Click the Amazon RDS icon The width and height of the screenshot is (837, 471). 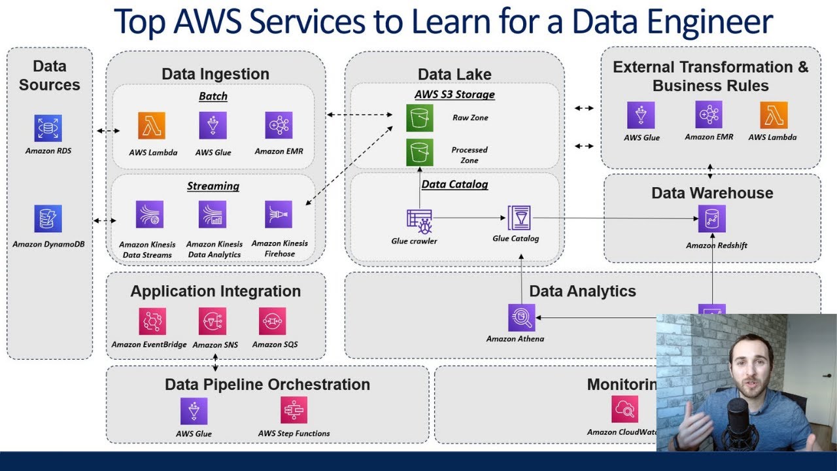coord(48,128)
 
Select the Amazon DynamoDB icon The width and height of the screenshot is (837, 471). coord(48,218)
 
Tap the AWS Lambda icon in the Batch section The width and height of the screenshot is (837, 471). coord(152,126)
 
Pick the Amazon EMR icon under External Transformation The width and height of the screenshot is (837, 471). coord(709,114)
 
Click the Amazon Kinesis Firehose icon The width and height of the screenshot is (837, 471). coord(279,215)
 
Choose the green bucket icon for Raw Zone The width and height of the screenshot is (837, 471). coord(419,118)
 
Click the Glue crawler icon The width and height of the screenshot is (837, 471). coord(418,220)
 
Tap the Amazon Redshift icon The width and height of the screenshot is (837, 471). coord(711,219)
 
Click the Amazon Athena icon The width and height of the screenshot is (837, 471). coord(521,318)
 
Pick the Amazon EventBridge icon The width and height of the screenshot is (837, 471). coord(152,321)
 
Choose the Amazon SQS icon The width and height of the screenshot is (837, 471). coord(273,321)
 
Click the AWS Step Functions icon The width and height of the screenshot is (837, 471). coord(294,411)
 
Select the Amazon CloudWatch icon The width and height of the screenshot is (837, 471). coord(624,410)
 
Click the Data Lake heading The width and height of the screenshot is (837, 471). coord(454,75)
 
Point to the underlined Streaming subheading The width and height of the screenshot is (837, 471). coord(213,186)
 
